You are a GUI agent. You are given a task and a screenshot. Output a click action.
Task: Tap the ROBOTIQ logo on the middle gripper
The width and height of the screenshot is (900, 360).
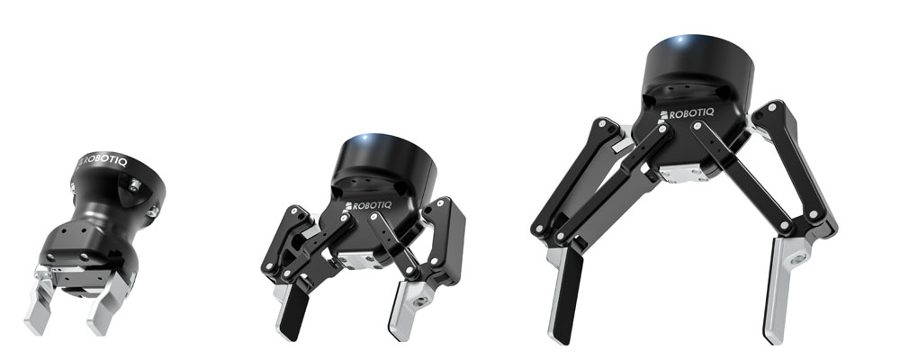[368, 205]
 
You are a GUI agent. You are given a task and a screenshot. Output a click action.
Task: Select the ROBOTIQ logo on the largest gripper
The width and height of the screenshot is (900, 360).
[687, 113]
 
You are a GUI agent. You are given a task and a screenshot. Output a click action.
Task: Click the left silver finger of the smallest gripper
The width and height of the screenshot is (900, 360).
[40, 302]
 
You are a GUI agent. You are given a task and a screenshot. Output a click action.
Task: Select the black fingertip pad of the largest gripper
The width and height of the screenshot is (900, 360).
[567, 295]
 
